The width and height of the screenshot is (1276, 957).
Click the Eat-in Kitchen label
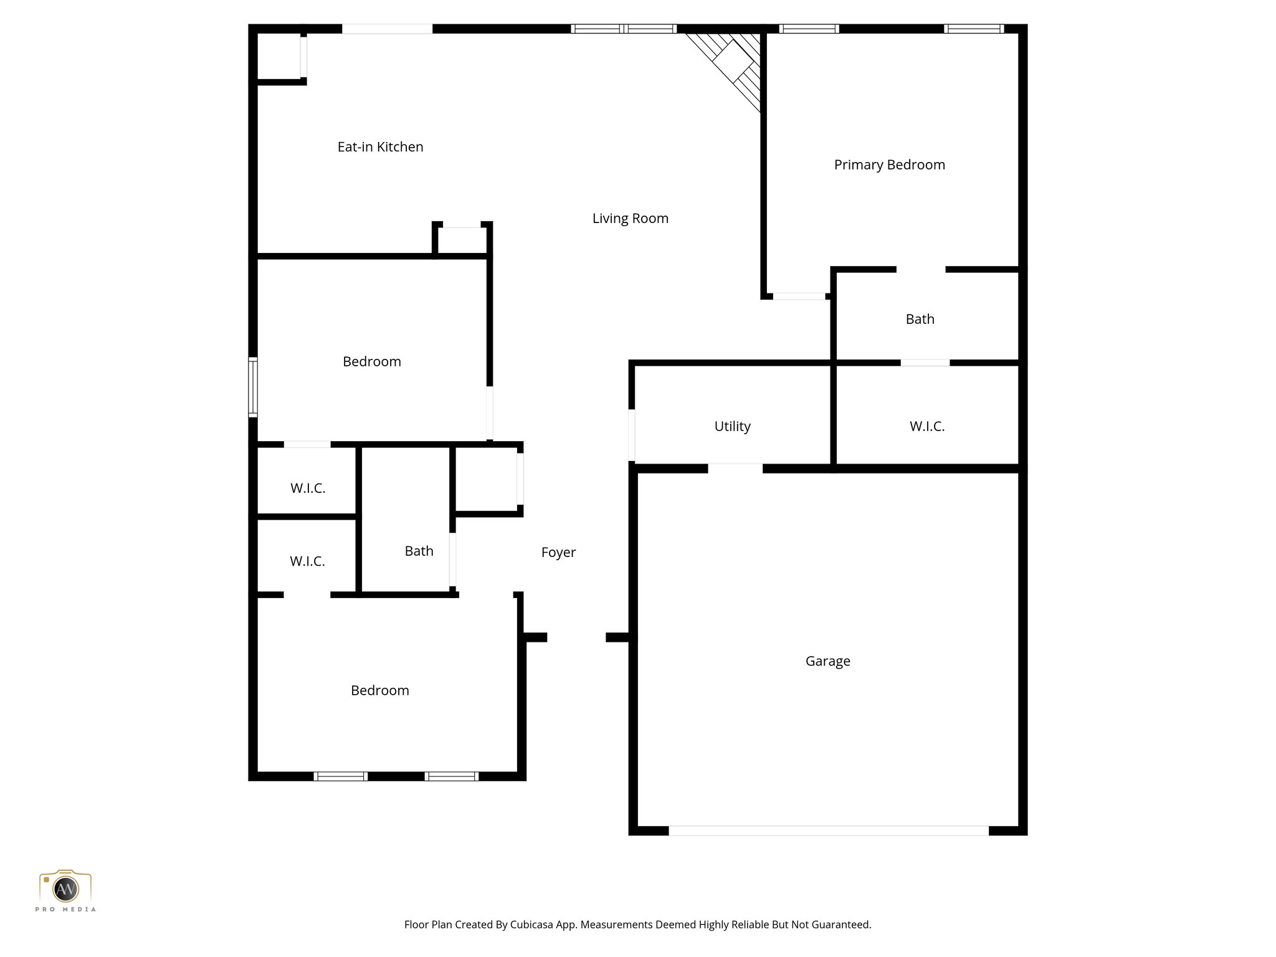coord(380,147)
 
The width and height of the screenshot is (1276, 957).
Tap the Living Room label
coord(630,219)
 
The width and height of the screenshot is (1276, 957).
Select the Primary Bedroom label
coord(889,165)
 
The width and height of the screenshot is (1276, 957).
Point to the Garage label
coord(827,661)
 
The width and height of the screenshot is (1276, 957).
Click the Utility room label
coord(732,427)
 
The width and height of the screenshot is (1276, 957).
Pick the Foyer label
coord(558,553)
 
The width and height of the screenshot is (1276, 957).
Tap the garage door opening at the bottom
coord(828,831)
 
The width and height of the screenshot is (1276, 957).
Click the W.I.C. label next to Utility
coord(926,427)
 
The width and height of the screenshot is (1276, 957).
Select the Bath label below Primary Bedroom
coord(920,320)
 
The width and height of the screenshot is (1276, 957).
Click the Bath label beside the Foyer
coord(419,551)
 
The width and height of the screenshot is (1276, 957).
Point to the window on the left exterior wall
coord(252,386)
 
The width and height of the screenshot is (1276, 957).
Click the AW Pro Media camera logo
coord(65,890)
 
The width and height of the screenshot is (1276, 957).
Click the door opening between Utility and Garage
coord(735,468)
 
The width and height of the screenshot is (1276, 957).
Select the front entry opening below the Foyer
coord(576,637)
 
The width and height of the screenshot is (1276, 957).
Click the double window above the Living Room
coord(624,29)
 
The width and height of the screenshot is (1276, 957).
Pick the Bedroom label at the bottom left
coord(379,690)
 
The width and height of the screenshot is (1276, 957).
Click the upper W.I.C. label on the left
coord(308,488)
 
